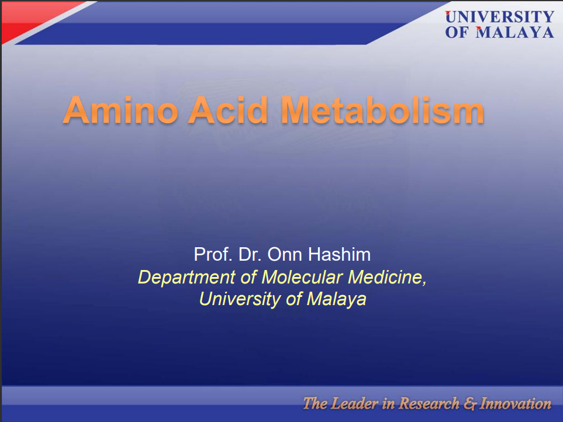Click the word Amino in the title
coord(120,110)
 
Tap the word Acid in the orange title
coord(228,110)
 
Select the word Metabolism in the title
coord(382,110)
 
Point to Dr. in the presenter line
coord(250,254)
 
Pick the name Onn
coord(285,254)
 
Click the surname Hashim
coord(339,254)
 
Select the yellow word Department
coord(186,278)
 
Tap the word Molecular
coord(302,277)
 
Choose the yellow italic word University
coord(240,299)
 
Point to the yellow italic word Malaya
coord(337,299)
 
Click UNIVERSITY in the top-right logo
coord(500,17)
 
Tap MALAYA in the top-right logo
coord(515,32)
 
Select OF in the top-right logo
coord(457,32)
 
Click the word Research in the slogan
coord(429,404)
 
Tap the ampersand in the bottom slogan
coord(469,404)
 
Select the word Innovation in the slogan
coord(515,404)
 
